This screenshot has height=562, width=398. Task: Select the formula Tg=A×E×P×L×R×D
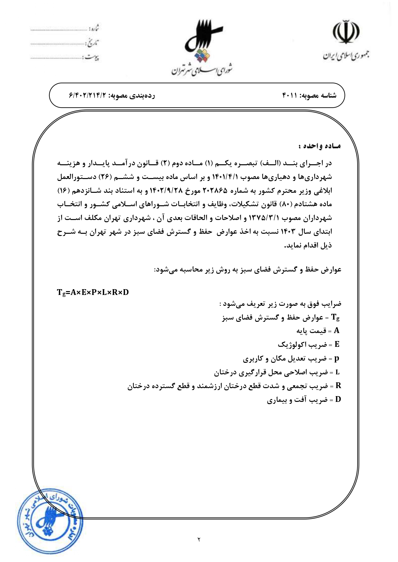pos(93,292)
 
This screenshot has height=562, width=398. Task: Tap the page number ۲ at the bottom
pos(199,540)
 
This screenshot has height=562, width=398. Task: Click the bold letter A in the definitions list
pos(336,330)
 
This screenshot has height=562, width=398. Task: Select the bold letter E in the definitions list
pos(337,344)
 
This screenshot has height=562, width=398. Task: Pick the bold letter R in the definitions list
pos(338,386)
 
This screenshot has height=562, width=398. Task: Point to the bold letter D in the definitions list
pos(338,400)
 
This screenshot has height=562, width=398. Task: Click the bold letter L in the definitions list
pos(337,372)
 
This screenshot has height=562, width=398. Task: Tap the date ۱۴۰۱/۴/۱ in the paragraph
pos(224,177)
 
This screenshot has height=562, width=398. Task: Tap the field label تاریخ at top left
pos(93,43)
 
